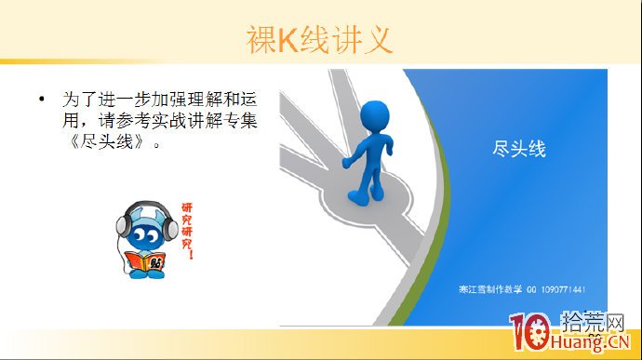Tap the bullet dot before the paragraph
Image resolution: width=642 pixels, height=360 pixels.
click(x=41, y=98)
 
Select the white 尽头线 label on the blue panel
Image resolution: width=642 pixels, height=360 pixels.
click(x=518, y=148)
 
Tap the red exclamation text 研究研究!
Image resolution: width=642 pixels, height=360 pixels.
click(x=189, y=228)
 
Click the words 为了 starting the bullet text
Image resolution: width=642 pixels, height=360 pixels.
click(x=74, y=98)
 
